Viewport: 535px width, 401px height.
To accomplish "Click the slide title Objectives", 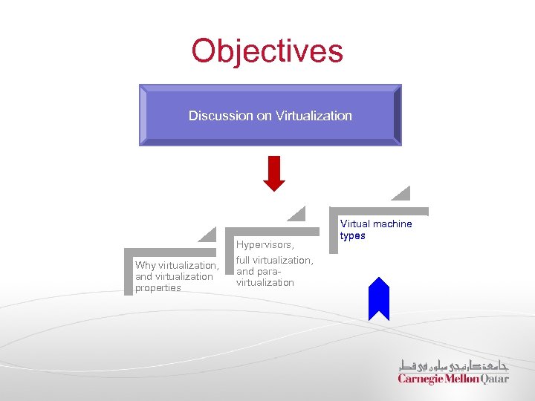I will point(267,51).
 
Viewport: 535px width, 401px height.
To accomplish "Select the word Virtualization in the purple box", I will point(314,116).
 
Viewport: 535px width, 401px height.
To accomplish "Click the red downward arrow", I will point(274,173).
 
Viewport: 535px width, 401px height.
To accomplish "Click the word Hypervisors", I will point(265,244).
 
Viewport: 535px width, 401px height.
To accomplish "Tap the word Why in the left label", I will point(146,266).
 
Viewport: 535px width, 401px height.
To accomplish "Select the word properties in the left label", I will point(158,287).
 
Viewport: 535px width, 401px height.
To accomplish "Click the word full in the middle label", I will point(243,261).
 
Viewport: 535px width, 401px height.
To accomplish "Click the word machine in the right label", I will point(392,224).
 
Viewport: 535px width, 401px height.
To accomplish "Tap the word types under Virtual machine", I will point(352,235).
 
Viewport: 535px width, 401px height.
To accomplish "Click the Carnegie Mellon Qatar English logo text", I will point(453,379).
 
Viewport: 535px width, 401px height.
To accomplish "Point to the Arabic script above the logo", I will point(453,365).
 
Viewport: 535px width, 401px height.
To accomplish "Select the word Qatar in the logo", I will point(494,379).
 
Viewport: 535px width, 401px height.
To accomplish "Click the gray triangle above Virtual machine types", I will point(402,195).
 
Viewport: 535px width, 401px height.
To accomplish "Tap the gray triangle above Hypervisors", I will point(297,214).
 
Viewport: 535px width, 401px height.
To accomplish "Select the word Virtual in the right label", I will point(355,224).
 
